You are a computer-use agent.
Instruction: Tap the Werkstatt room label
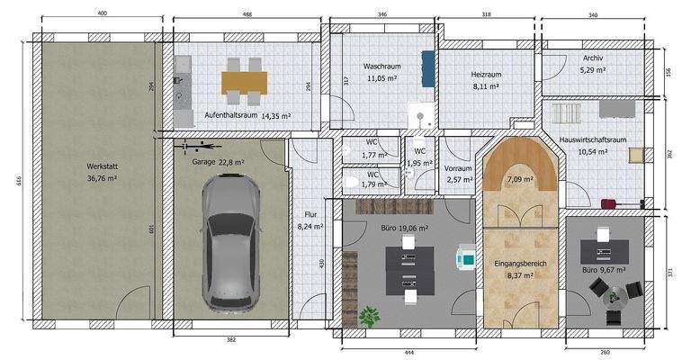(100, 166)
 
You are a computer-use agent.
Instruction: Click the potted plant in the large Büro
(369, 316)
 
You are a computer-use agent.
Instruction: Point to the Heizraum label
(486, 75)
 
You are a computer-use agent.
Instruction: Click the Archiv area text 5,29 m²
(595, 69)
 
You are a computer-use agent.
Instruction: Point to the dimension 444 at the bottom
(407, 353)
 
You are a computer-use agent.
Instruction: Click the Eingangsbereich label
(522, 265)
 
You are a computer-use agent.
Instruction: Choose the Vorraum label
(459, 168)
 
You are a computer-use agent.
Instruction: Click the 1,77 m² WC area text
(373, 156)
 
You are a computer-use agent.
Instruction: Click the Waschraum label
(381, 67)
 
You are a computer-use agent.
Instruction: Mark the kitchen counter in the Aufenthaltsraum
(184, 90)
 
